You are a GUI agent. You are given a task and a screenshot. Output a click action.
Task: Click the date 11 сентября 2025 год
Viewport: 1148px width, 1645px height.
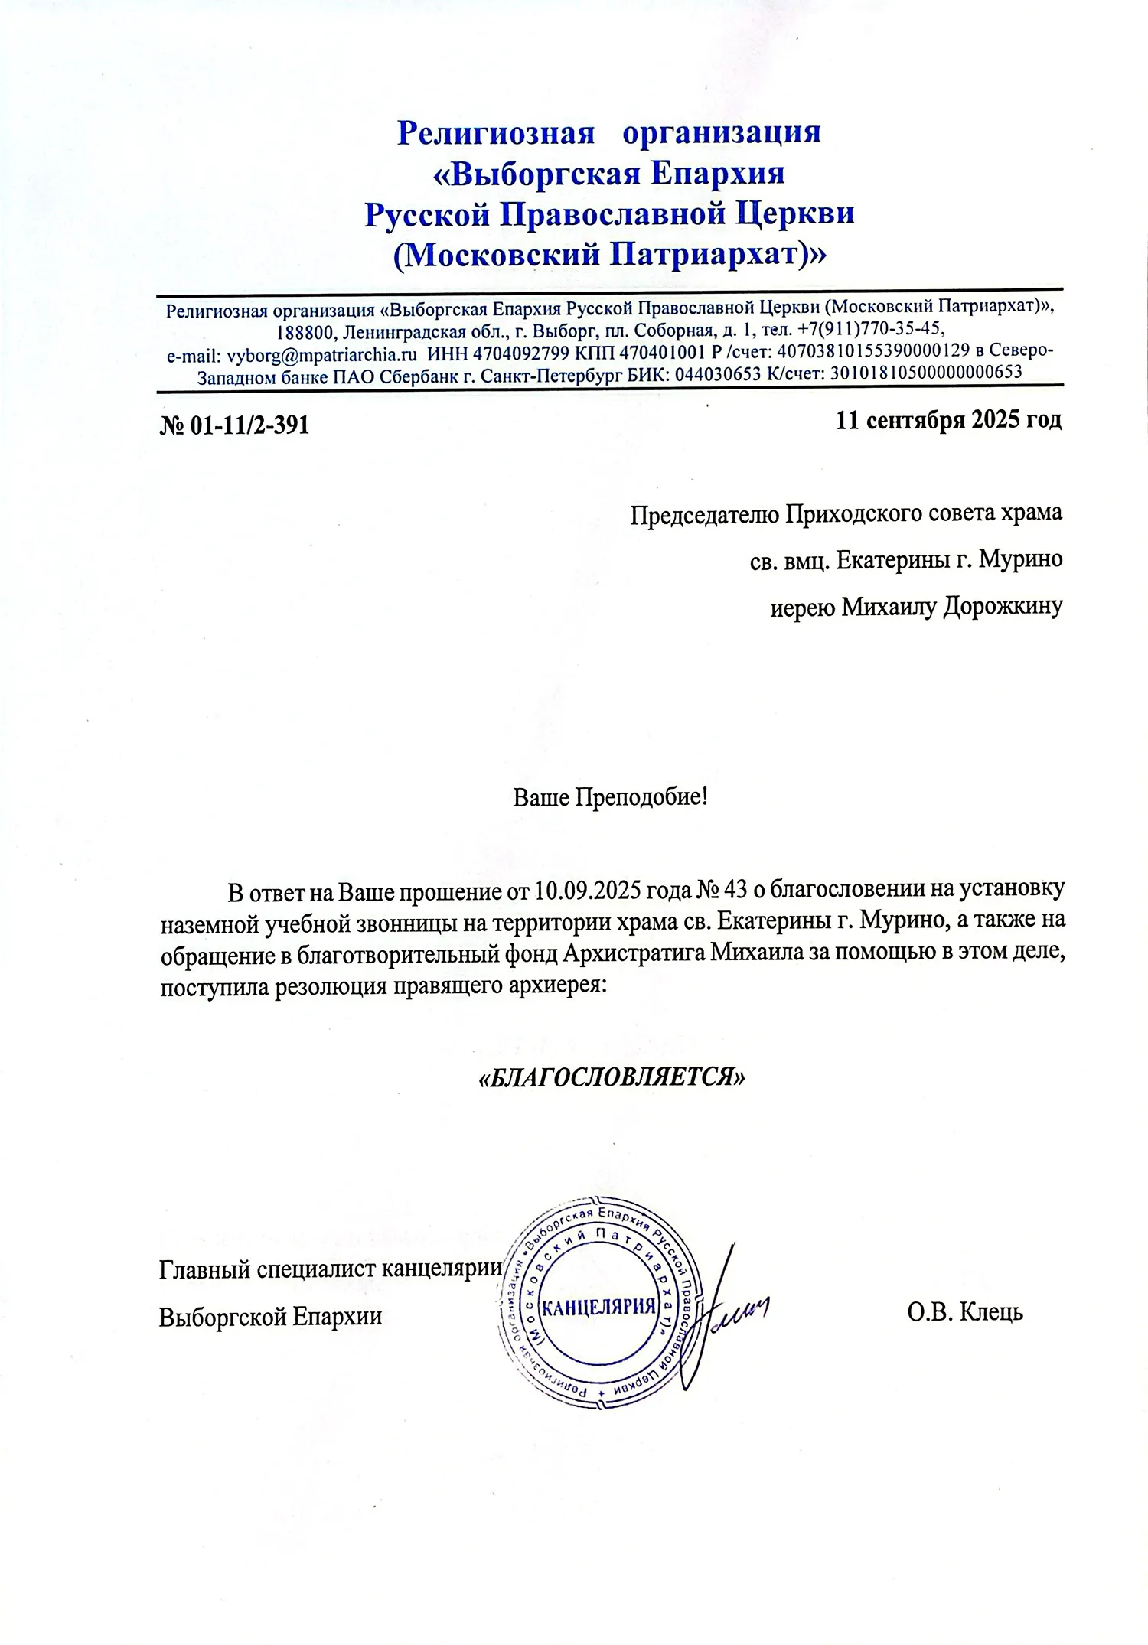[948, 420]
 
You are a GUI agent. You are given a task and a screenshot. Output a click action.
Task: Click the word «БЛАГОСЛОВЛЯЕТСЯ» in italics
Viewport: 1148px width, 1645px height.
[610, 1077]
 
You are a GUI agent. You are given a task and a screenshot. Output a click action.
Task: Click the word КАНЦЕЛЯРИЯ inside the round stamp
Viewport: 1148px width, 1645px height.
[599, 1305]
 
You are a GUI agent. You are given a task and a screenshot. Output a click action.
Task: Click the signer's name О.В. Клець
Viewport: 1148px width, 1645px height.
[965, 1313]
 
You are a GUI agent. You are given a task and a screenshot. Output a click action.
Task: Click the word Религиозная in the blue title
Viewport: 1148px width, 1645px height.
[496, 132]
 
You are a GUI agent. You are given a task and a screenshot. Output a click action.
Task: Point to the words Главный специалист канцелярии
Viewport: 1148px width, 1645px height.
[330, 1270]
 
